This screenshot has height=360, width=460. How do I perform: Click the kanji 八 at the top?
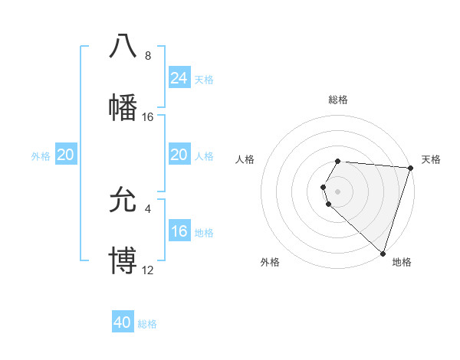click(x=123, y=45)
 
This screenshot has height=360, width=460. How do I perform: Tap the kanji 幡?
click(x=123, y=107)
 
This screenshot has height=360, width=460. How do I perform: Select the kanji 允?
click(x=123, y=200)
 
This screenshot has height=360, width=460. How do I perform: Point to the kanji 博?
click(x=123, y=261)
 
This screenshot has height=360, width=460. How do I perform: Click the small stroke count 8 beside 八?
click(x=147, y=56)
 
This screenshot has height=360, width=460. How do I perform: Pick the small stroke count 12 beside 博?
click(x=147, y=270)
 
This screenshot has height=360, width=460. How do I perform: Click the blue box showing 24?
click(x=179, y=77)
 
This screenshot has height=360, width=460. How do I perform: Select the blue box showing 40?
click(x=123, y=322)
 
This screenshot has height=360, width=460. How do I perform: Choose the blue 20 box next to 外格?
click(x=65, y=155)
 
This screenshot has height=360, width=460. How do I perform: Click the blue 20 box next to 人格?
click(x=179, y=155)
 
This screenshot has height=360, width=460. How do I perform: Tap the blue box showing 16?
click(x=179, y=231)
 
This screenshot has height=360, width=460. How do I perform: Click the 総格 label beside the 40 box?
click(x=147, y=324)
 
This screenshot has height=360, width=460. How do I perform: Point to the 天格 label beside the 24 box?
click(x=204, y=79)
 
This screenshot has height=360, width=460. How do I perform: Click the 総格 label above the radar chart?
click(x=338, y=100)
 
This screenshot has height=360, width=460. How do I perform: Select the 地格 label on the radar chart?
click(x=402, y=263)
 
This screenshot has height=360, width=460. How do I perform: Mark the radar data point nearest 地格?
click(x=383, y=253)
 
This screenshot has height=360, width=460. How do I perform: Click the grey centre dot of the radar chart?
click(x=338, y=191)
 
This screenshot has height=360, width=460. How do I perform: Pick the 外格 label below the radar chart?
click(x=270, y=263)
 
